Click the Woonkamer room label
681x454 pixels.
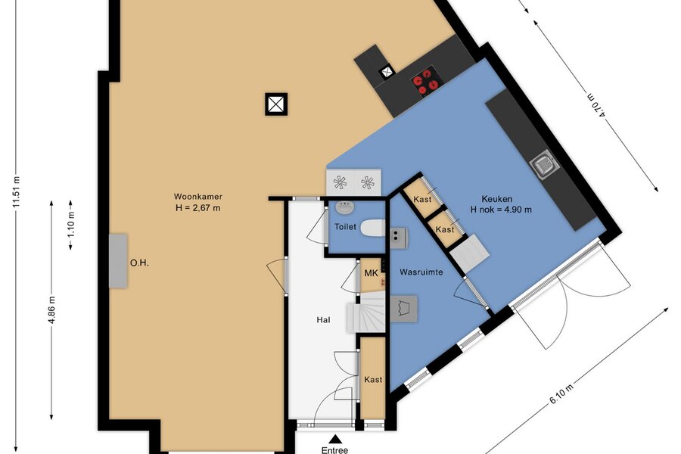[198, 197]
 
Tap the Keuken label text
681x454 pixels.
[497, 200]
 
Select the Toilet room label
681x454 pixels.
[345, 227]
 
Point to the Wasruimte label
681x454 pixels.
[421, 272]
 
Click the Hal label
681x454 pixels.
[323, 320]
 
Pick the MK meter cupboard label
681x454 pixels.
[371, 273]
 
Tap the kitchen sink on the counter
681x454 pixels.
[544, 163]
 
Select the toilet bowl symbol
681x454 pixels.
[373, 228]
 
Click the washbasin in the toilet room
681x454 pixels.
[345, 207]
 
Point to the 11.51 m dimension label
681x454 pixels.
[17, 192]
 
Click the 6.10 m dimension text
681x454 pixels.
[561, 394]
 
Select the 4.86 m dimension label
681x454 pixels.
[51, 309]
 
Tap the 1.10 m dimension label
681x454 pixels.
[71, 224]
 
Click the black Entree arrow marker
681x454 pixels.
[334, 439]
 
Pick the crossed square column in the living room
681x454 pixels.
[276, 104]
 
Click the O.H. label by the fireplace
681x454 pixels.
[139, 263]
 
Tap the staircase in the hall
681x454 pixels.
[366, 312]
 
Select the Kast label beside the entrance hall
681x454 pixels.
[373, 380]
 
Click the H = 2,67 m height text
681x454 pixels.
[198, 208]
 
